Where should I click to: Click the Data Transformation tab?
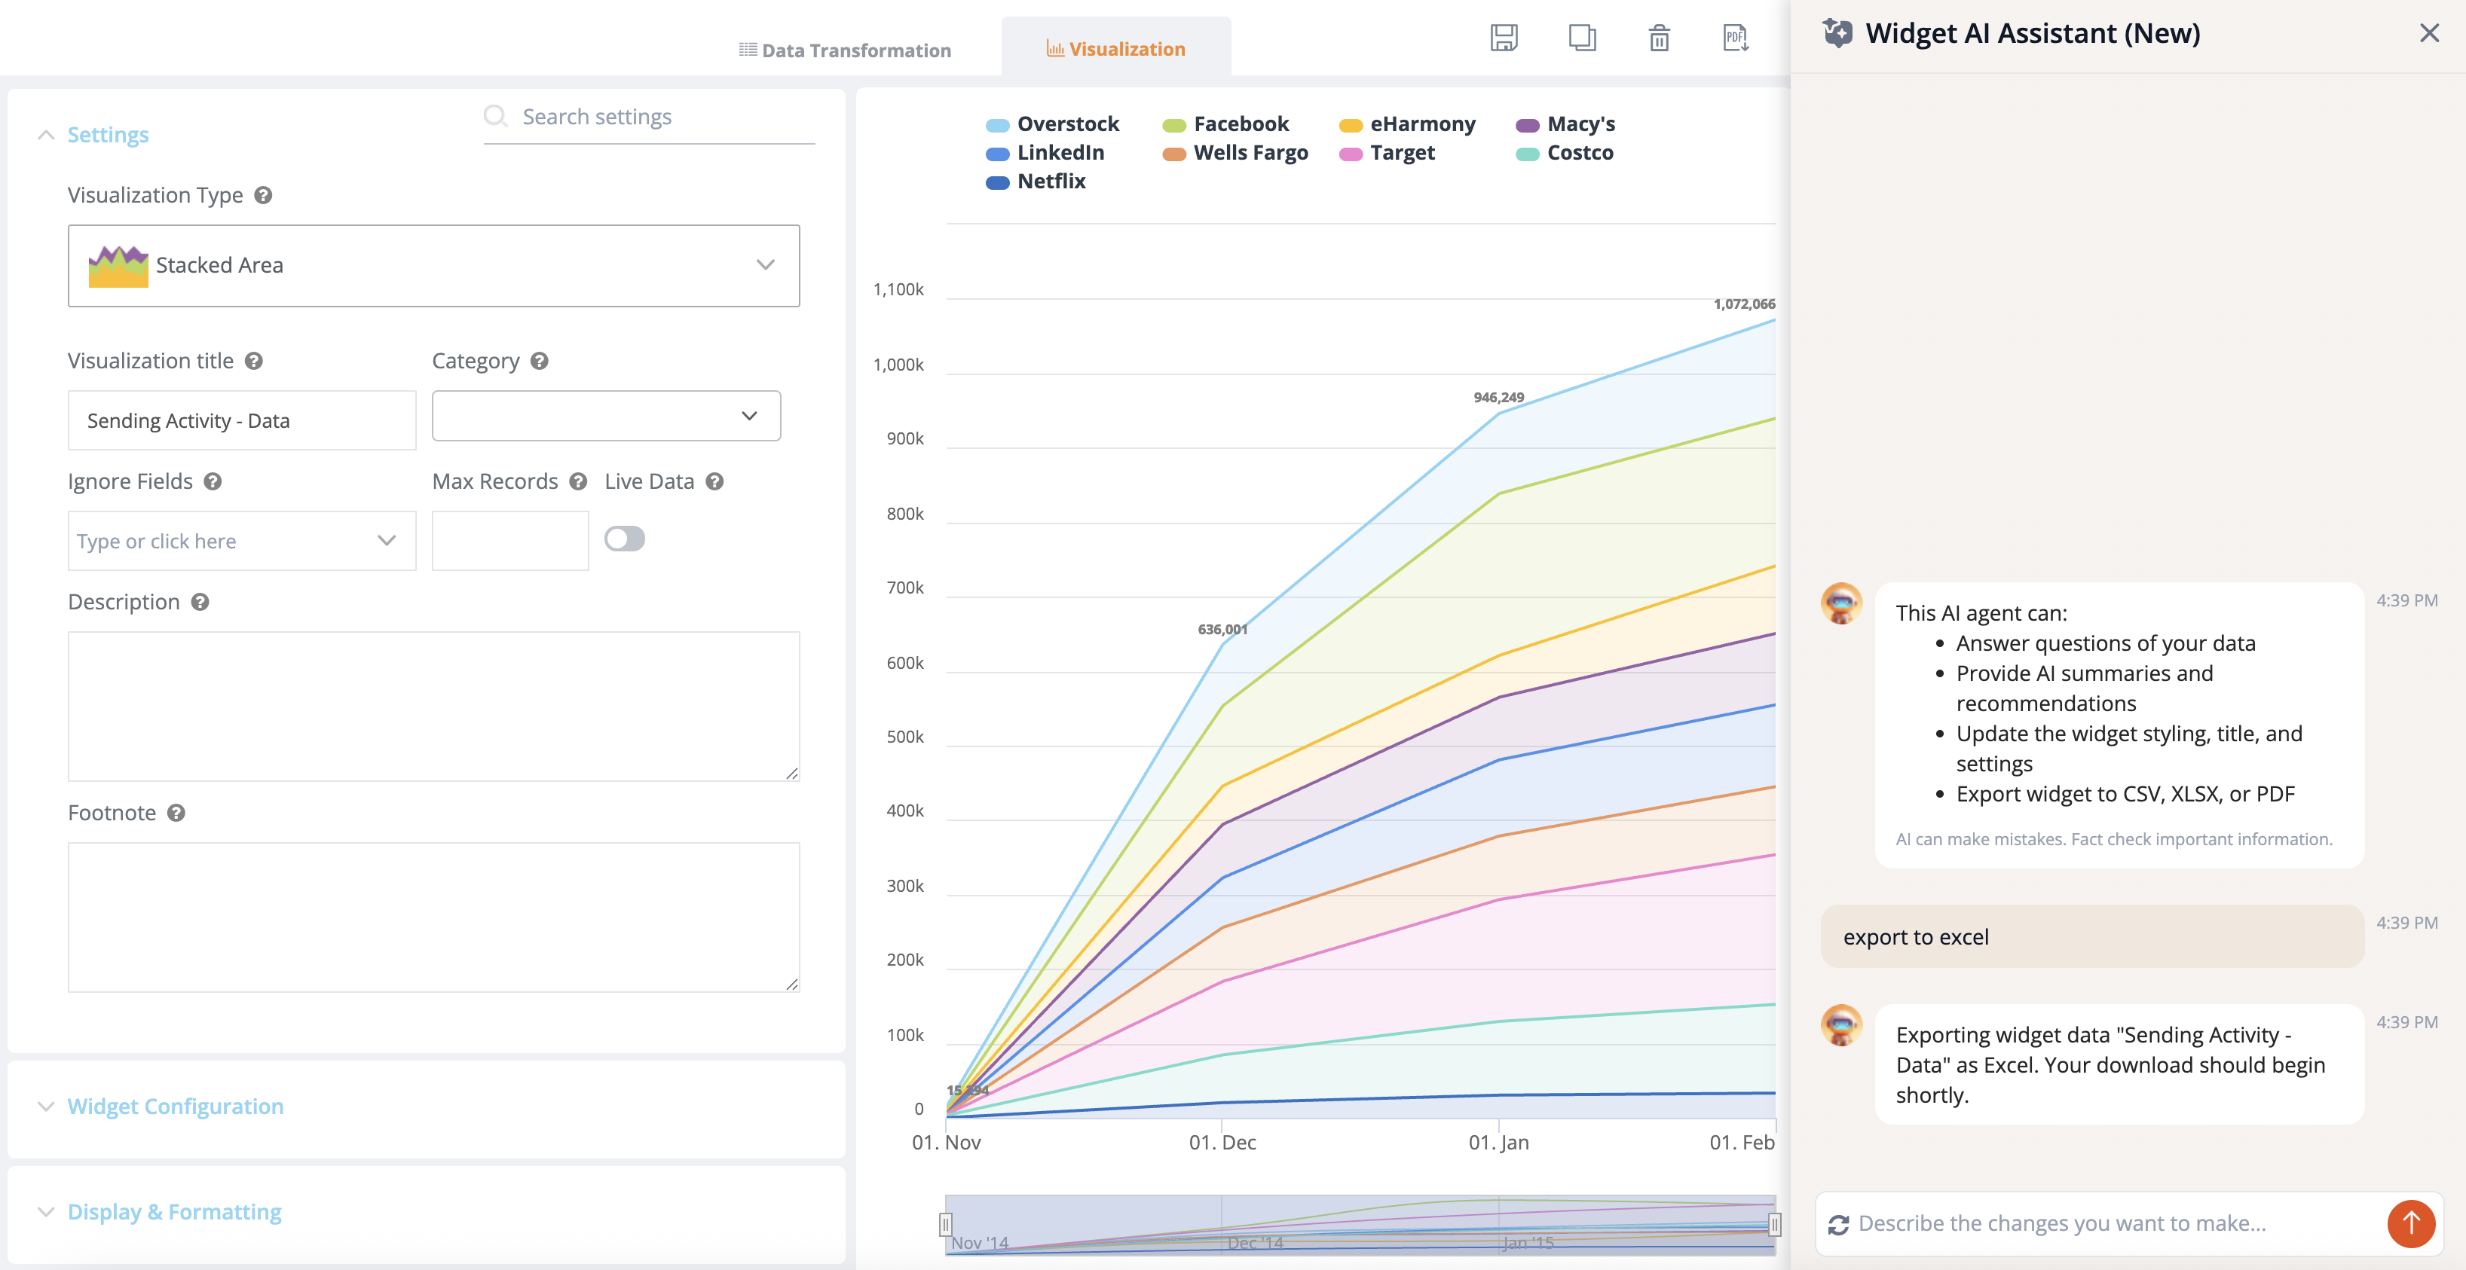[x=846, y=50]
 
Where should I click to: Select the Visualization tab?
[x=1115, y=49]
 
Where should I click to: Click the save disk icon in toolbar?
[x=1504, y=38]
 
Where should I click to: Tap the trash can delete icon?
[x=1659, y=38]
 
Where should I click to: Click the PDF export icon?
[x=1736, y=38]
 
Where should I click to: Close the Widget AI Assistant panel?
[x=2428, y=33]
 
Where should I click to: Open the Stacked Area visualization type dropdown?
[x=433, y=265]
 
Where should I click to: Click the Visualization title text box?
[x=242, y=420]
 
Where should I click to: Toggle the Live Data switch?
[x=625, y=539]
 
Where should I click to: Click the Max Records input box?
[x=510, y=541]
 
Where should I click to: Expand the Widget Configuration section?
[x=175, y=1107]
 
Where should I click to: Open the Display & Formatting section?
[x=174, y=1211]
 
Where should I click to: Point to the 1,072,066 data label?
[x=1743, y=304]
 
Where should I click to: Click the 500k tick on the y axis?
[x=904, y=737]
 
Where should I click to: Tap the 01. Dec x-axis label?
[x=1222, y=1142]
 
